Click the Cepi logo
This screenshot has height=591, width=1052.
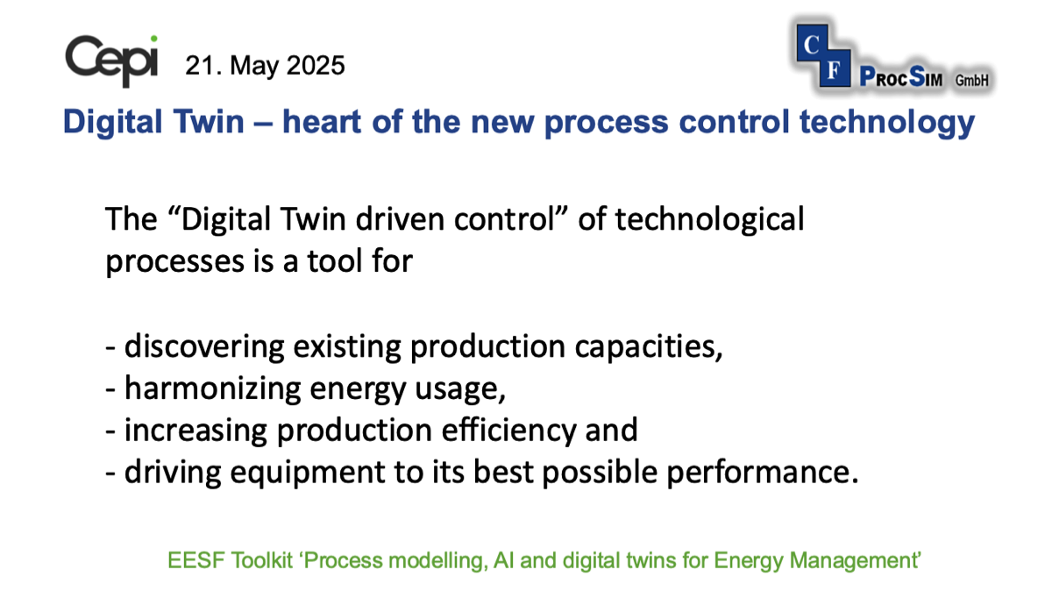(111, 61)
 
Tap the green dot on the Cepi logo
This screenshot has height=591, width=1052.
(153, 39)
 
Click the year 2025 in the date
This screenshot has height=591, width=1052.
(315, 65)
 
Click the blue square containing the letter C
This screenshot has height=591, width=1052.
(812, 44)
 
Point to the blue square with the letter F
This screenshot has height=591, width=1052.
(834, 69)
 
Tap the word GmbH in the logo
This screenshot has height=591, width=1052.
(971, 81)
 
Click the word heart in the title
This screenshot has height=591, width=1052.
(322, 122)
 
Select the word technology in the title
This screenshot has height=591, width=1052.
(887, 123)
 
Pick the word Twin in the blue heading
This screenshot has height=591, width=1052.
(209, 122)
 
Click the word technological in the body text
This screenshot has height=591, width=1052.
(709, 220)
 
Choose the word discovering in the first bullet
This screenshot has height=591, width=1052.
(204, 346)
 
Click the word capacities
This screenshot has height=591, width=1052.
(649, 347)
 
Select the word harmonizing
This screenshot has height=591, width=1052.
(212, 389)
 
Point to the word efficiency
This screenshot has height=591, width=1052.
(508, 431)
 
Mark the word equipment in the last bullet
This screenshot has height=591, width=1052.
(308, 473)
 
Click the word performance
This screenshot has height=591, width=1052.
(763, 473)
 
